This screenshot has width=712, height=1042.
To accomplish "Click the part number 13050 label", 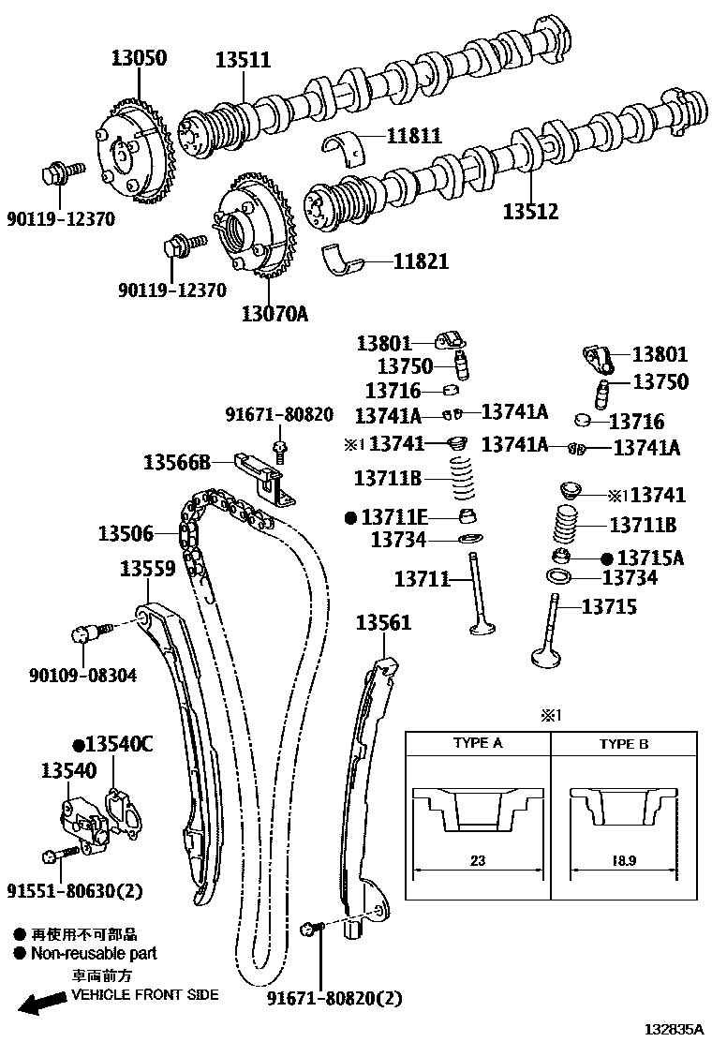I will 134,58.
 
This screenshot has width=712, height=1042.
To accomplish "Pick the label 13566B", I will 177,461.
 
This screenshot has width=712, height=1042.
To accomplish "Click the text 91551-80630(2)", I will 75,890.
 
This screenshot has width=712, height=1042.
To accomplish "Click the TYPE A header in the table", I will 477,743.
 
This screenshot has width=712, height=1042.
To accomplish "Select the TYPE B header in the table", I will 623,744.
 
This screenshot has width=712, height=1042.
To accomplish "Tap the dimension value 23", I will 478,859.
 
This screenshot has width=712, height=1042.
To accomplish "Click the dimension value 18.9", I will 623,859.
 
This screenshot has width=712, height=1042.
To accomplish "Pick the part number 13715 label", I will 608,606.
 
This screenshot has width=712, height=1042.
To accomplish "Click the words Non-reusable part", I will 94,953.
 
